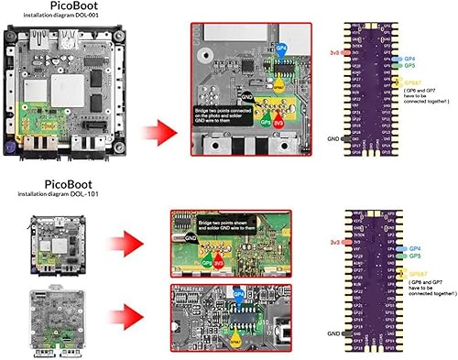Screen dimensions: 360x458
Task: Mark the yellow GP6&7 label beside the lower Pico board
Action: point(418,273)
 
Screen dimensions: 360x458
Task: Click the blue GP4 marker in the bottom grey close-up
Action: point(240,294)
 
